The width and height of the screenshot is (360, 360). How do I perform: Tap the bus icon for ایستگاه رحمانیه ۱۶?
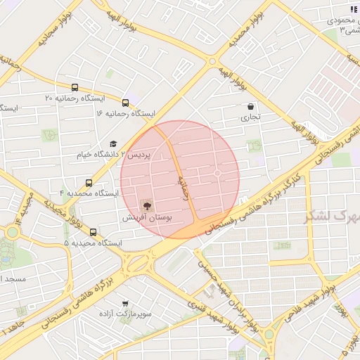(x=125, y=103)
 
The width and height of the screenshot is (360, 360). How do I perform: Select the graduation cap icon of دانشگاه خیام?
(x=112, y=143)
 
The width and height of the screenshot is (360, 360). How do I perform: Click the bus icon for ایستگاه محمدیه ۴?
(x=88, y=182)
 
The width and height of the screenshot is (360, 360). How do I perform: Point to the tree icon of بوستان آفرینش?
(x=147, y=206)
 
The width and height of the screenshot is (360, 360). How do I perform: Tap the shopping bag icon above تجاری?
(x=251, y=107)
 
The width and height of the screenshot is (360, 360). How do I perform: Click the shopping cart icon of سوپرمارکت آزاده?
(x=126, y=304)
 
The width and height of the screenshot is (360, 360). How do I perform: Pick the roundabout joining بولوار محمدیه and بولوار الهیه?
(x=212, y=61)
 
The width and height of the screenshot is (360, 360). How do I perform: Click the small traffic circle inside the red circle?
(x=217, y=173)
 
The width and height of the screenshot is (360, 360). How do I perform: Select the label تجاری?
(x=251, y=117)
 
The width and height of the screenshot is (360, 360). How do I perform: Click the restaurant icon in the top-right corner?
(x=353, y=9)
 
